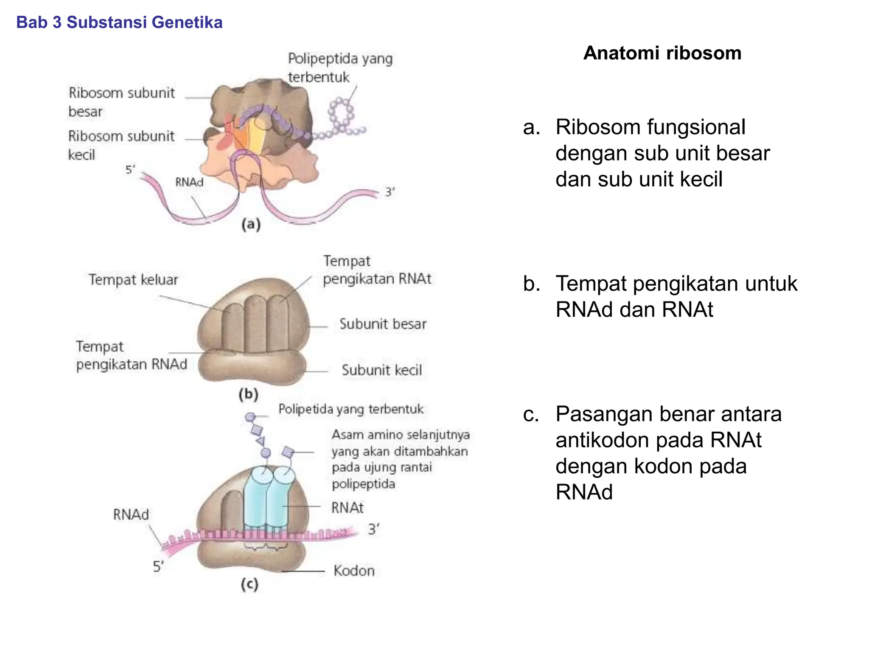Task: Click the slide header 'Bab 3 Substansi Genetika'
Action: (x=119, y=22)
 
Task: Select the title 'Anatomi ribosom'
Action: (x=662, y=53)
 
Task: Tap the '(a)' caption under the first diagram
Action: (x=251, y=224)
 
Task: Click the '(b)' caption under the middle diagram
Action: (x=249, y=394)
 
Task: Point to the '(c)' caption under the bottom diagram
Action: (x=249, y=585)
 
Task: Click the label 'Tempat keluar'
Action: (x=133, y=280)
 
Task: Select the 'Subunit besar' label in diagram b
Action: (x=383, y=324)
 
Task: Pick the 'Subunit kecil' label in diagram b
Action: (x=382, y=370)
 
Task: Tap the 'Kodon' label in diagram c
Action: (x=354, y=570)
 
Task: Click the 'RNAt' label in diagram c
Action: (x=347, y=508)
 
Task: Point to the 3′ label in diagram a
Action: (x=390, y=192)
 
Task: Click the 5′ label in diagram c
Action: (x=158, y=566)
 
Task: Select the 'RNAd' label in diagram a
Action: (x=189, y=182)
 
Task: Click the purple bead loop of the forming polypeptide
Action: (x=340, y=112)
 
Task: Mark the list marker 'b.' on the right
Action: (x=532, y=284)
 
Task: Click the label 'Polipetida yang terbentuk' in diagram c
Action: (x=350, y=409)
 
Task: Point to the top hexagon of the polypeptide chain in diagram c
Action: (x=250, y=417)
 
